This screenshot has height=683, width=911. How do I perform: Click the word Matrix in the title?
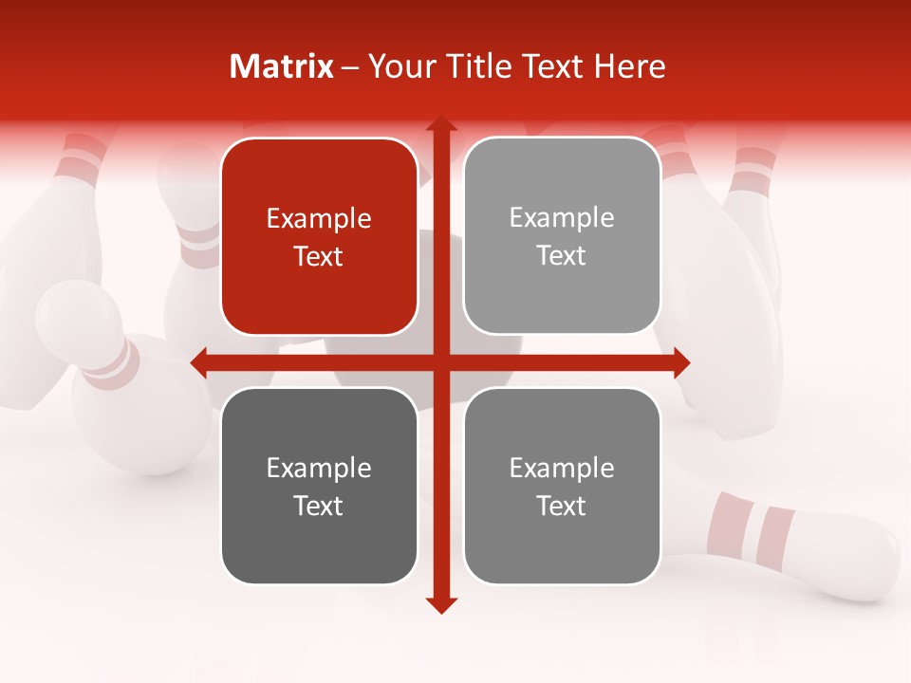point(282,66)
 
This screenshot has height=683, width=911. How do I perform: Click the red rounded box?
point(319,236)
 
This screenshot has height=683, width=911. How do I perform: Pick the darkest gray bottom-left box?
point(319,486)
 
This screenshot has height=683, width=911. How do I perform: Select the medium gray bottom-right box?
point(562,486)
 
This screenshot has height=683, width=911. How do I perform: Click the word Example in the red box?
point(319,219)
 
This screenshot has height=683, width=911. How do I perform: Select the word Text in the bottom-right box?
point(562,506)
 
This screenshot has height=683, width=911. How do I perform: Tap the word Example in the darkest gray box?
point(319,468)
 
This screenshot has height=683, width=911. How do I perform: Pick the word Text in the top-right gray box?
point(562,256)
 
